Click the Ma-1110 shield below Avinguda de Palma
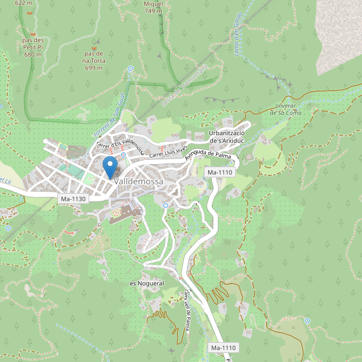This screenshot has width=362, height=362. (x=220, y=173)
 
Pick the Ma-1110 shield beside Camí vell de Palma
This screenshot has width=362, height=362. (x=223, y=348)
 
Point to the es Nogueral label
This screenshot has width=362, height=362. (x=147, y=283)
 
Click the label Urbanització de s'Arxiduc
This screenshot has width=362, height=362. (x=226, y=136)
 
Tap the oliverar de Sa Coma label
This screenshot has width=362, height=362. (x=285, y=109)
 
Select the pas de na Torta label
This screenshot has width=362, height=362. (x=94, y=60)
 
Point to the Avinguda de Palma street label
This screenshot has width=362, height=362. (x=209, y=156)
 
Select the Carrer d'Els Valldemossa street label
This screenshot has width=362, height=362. (x=119, y=144)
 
